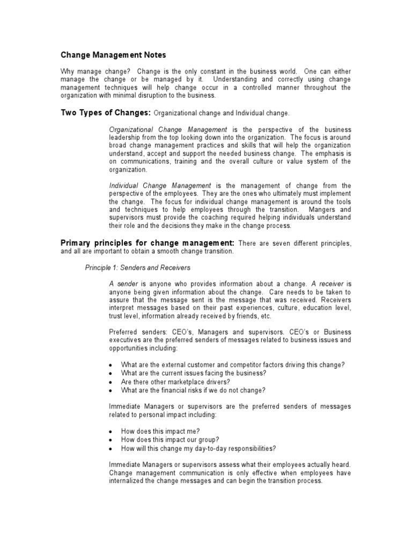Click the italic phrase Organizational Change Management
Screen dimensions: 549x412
(x=168, y=130)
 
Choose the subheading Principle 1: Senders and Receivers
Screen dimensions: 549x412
(x=138, y=268)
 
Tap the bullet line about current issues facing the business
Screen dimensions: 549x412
(x=194, y=373)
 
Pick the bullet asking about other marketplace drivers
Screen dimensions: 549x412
(x=175, y=381)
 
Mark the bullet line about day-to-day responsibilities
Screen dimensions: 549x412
(x=198, y=448)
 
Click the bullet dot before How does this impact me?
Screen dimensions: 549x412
(x=110, y=432)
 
